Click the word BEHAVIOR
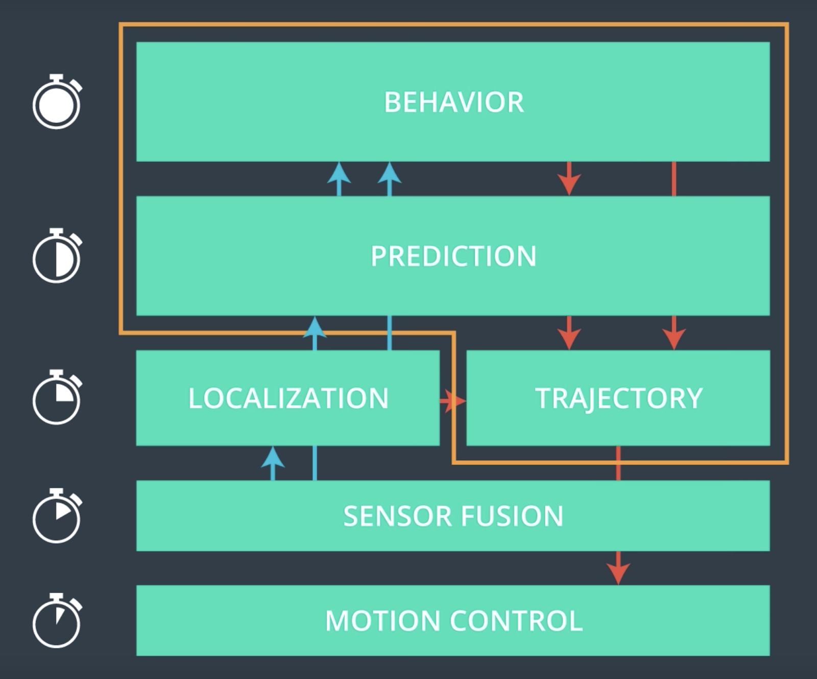pos(453,102)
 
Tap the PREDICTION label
pos(453,256)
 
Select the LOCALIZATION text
pos(288,398)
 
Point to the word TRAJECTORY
pos(618,398)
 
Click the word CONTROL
pos(516,621)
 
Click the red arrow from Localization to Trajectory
pos(453,401)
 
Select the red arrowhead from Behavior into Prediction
pos(569,183)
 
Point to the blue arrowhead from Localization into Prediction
pos(315,327)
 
